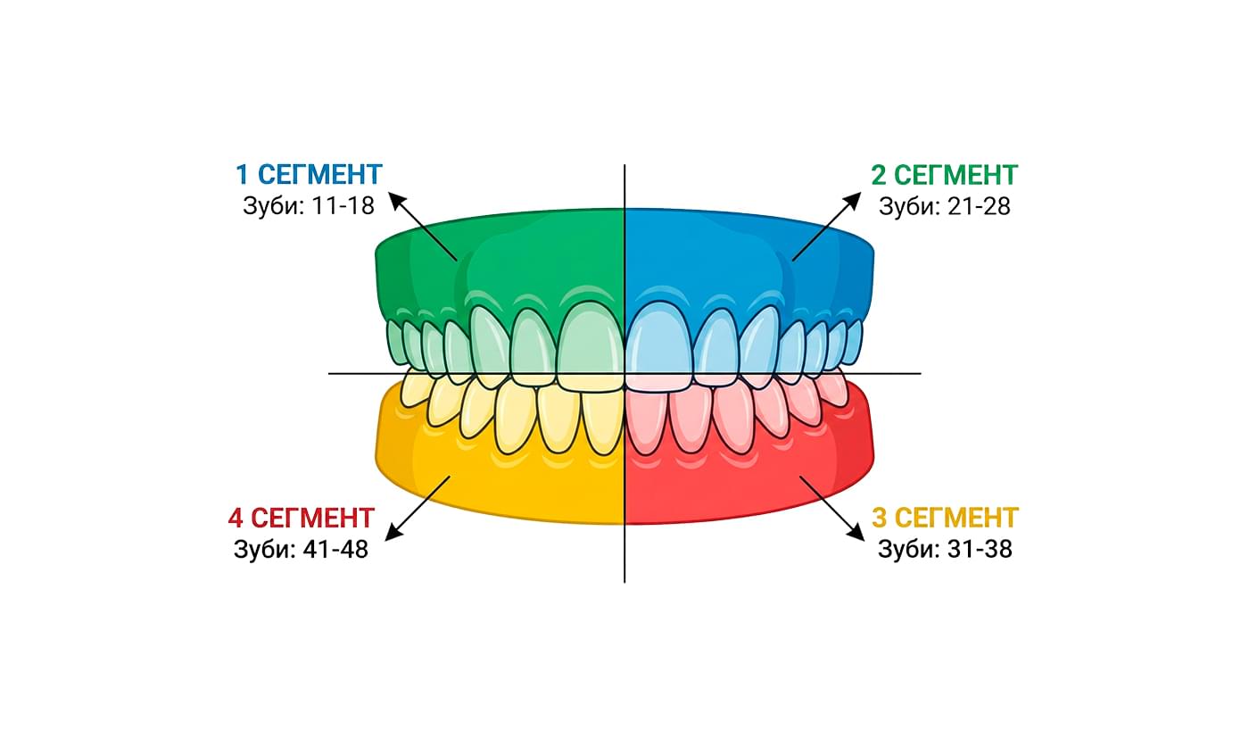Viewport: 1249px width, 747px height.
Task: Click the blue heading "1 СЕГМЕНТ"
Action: pos(309,173)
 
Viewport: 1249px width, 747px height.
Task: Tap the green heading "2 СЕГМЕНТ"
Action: pos(944,174)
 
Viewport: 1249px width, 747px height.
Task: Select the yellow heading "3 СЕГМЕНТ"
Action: pos(945,518)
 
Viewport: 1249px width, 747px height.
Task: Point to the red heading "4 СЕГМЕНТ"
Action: pos(301,518)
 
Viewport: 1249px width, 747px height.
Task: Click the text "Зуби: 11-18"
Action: pos(308,205)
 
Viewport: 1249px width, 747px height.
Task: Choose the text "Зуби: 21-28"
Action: pos(944,206)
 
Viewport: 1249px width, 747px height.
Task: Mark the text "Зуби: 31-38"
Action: pos(945,549)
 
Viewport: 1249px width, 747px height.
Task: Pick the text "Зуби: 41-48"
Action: pos(301,550)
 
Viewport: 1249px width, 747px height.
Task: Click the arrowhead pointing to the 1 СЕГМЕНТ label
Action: pos(398,201)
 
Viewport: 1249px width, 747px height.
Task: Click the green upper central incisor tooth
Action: pos(591,344)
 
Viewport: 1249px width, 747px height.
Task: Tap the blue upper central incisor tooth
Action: pos(658,344)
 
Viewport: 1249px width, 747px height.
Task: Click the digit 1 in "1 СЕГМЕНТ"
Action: pos(241,173)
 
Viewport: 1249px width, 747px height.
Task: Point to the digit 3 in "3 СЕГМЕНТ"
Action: pos(879,518)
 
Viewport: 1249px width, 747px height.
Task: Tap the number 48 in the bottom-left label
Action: pos(354,550)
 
